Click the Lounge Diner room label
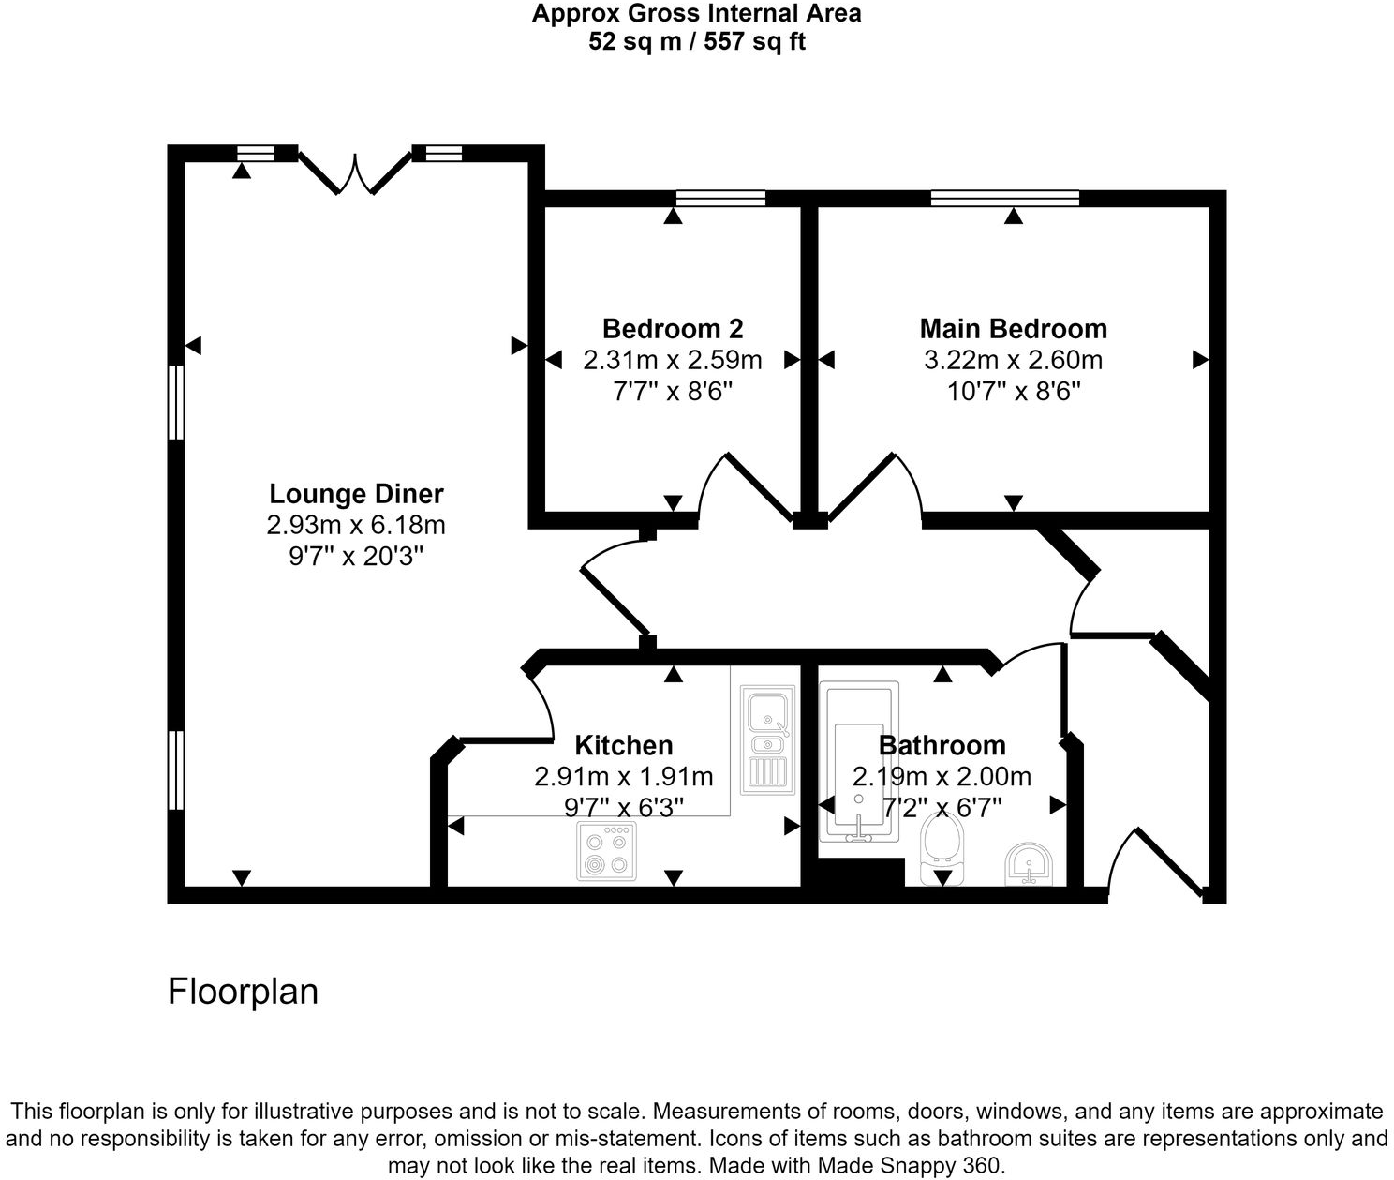(x=356, y=494)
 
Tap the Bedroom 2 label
(x=673, y=329)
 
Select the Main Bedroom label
(x=1013, y=329)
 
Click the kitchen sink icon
(x=767, y=739)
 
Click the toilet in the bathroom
(x=941, y=841)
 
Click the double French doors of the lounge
(x=355, y=172)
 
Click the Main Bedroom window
(x=1004, y=198)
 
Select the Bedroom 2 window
(x=720, y=198)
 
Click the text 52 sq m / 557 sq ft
(x=697, y=42)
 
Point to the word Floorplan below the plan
(x=243, y=992)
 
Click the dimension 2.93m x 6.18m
(x=356, y=525)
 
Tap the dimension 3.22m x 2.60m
(x=1013, y=360)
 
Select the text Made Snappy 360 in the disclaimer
(x=910, y=1166)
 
